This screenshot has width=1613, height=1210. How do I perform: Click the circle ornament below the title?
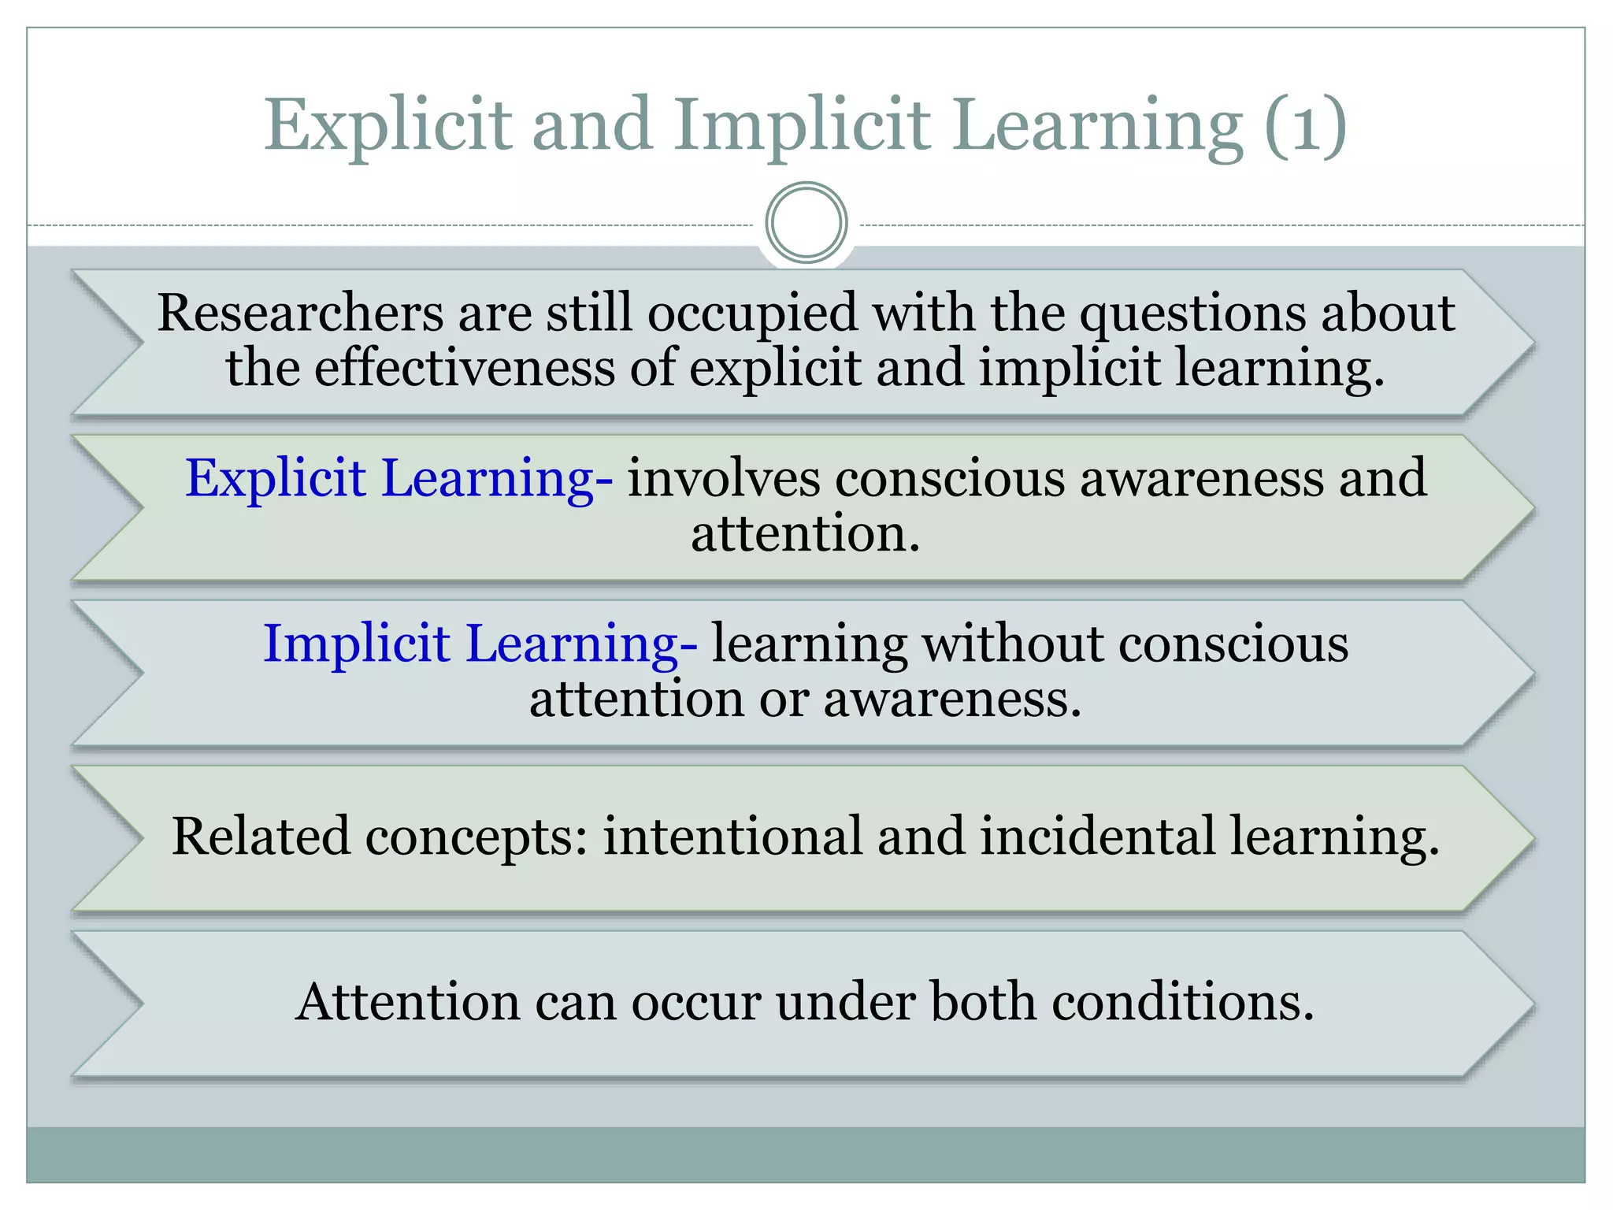(x=806, y=223)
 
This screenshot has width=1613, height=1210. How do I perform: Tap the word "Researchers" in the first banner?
(x=300, y=313)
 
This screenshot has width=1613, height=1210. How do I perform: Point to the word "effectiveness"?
(x=464, y=368)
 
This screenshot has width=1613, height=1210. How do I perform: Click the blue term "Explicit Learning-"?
(x=399, y=478)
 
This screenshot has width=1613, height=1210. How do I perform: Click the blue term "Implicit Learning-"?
(x=480, y=644)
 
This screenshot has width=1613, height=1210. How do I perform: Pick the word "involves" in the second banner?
(x=723, y=478)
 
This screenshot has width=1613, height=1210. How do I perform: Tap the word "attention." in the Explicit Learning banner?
(x=806, y=533)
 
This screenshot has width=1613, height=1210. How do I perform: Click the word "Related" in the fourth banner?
(x=261, y=837)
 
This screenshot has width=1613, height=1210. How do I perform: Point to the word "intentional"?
(x=732, y=837)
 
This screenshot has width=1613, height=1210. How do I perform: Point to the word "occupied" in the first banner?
(x=752, y=314)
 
